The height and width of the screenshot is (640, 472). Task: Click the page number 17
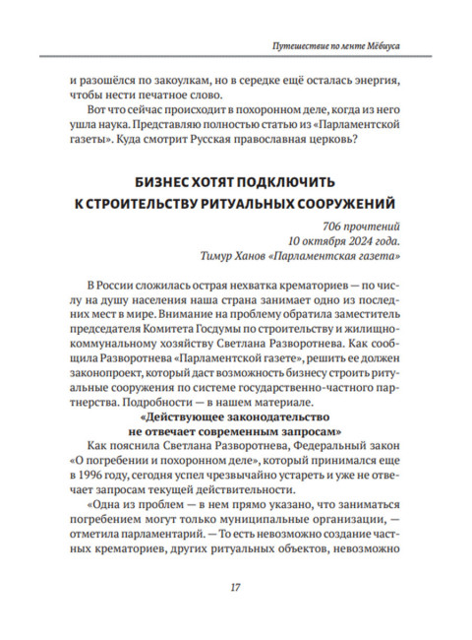(236, 588)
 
